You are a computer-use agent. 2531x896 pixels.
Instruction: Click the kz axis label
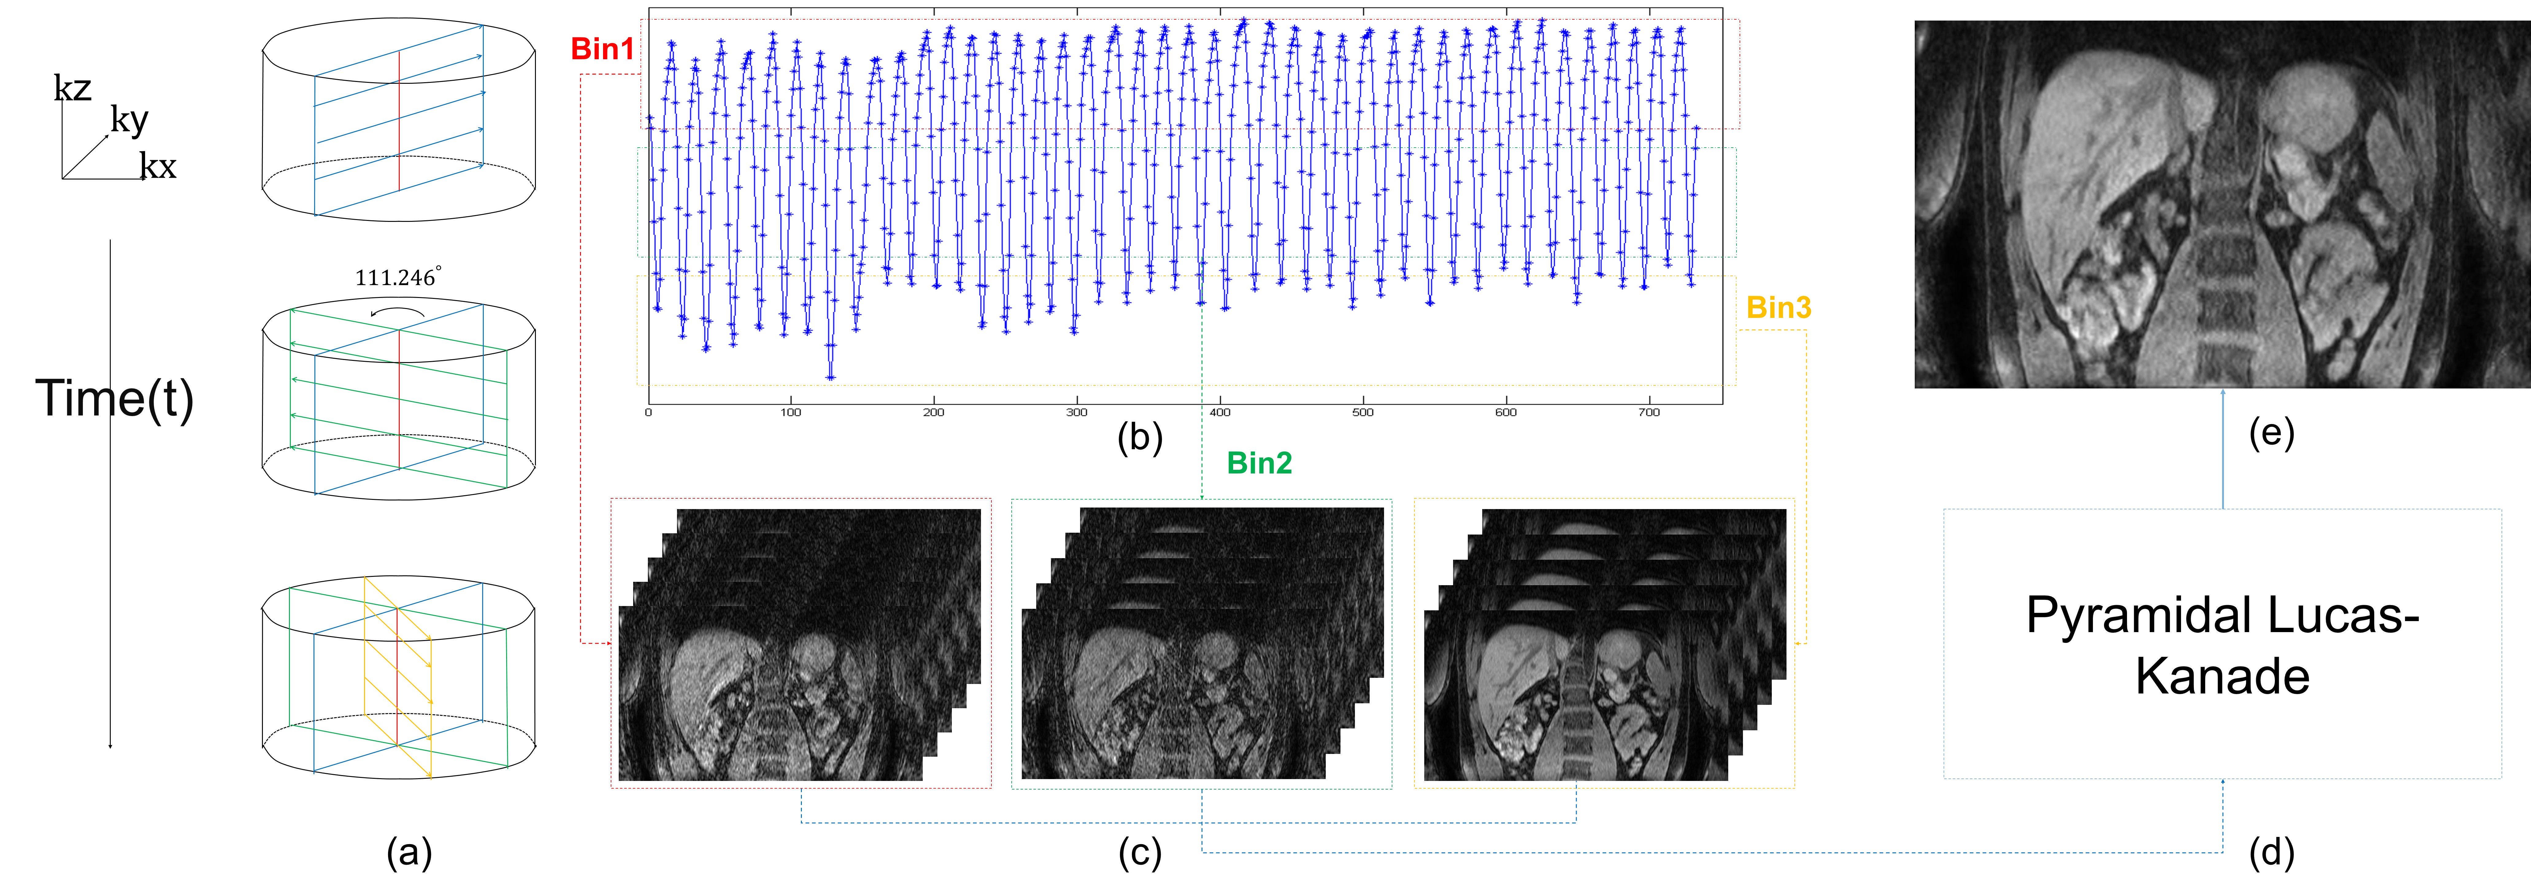click(x=73, y=88)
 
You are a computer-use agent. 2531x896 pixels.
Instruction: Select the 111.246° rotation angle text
click(x=397, y=278)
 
